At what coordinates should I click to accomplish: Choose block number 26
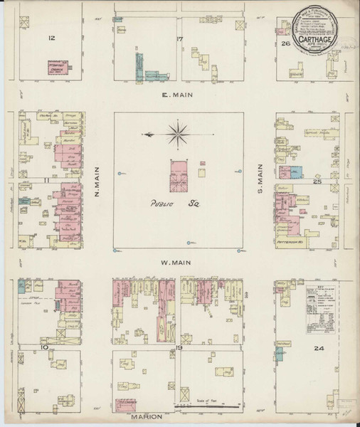(285, 43)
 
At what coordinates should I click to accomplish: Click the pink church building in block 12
(57, 68)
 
